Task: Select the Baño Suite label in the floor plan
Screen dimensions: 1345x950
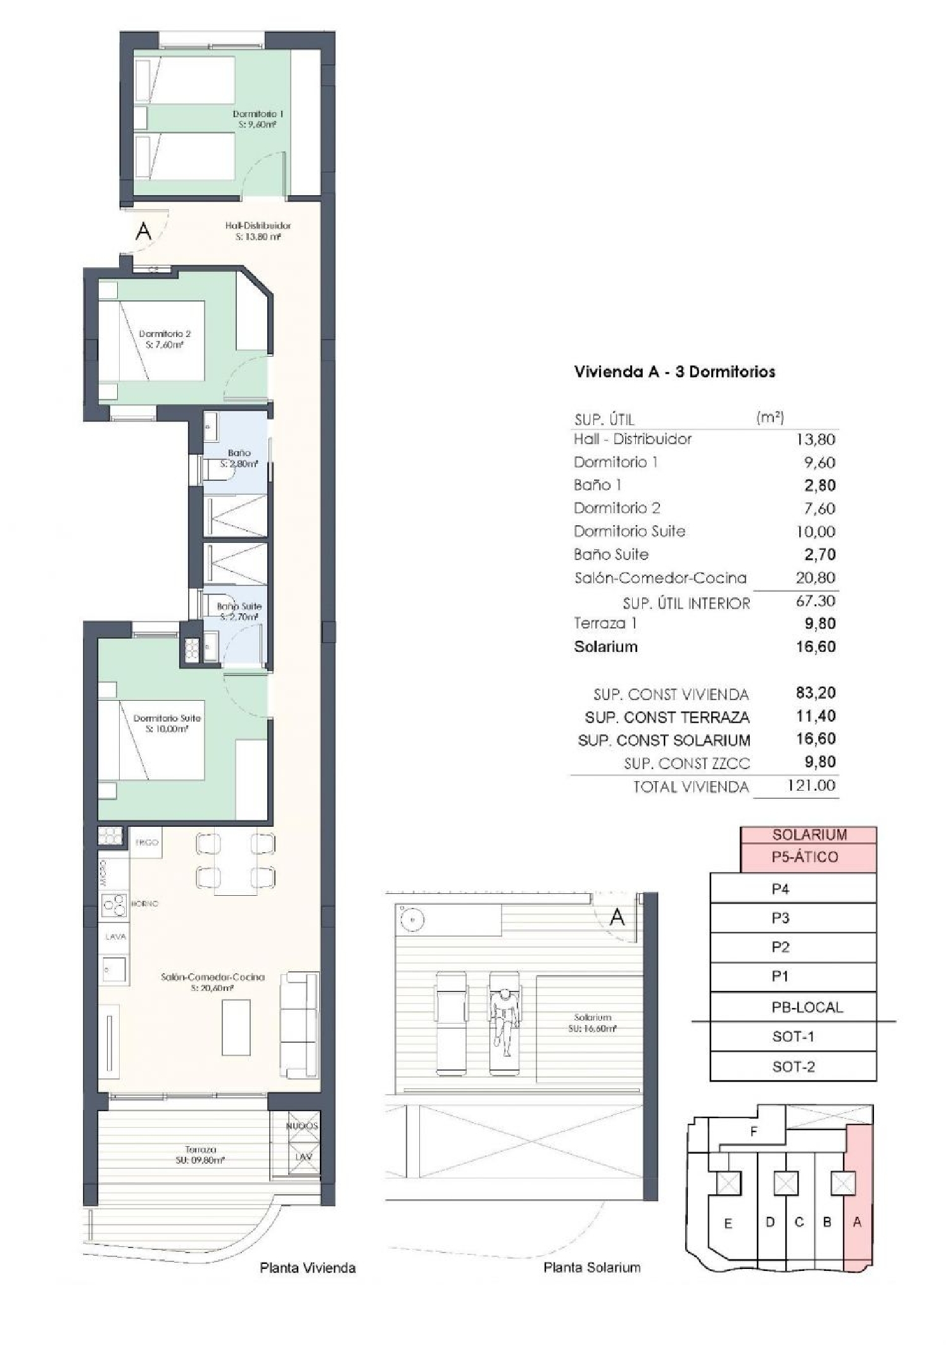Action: tap(239, 611)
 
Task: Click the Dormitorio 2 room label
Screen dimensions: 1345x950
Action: tap(165, 339)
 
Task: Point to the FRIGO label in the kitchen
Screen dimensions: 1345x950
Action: tap(147, 843)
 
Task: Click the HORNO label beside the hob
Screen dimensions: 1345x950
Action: tap(145, 903)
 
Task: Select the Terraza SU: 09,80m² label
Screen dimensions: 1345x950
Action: tap(201, 1154)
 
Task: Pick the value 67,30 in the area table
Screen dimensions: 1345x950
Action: tap(815, 601)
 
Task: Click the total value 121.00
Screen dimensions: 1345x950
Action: tap(811, 786)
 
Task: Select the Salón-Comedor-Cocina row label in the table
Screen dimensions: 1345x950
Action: tap(660, 578)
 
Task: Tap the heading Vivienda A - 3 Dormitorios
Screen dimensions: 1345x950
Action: tap(674, 372)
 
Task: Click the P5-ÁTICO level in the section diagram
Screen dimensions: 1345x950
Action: tap(804, 857)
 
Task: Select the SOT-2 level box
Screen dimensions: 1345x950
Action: tap(793, 1067)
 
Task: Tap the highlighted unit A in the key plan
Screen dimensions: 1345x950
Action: tap(857, 1223)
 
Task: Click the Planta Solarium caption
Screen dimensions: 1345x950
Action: tap(592, 1268)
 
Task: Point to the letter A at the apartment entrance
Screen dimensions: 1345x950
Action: tap(144, 231)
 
